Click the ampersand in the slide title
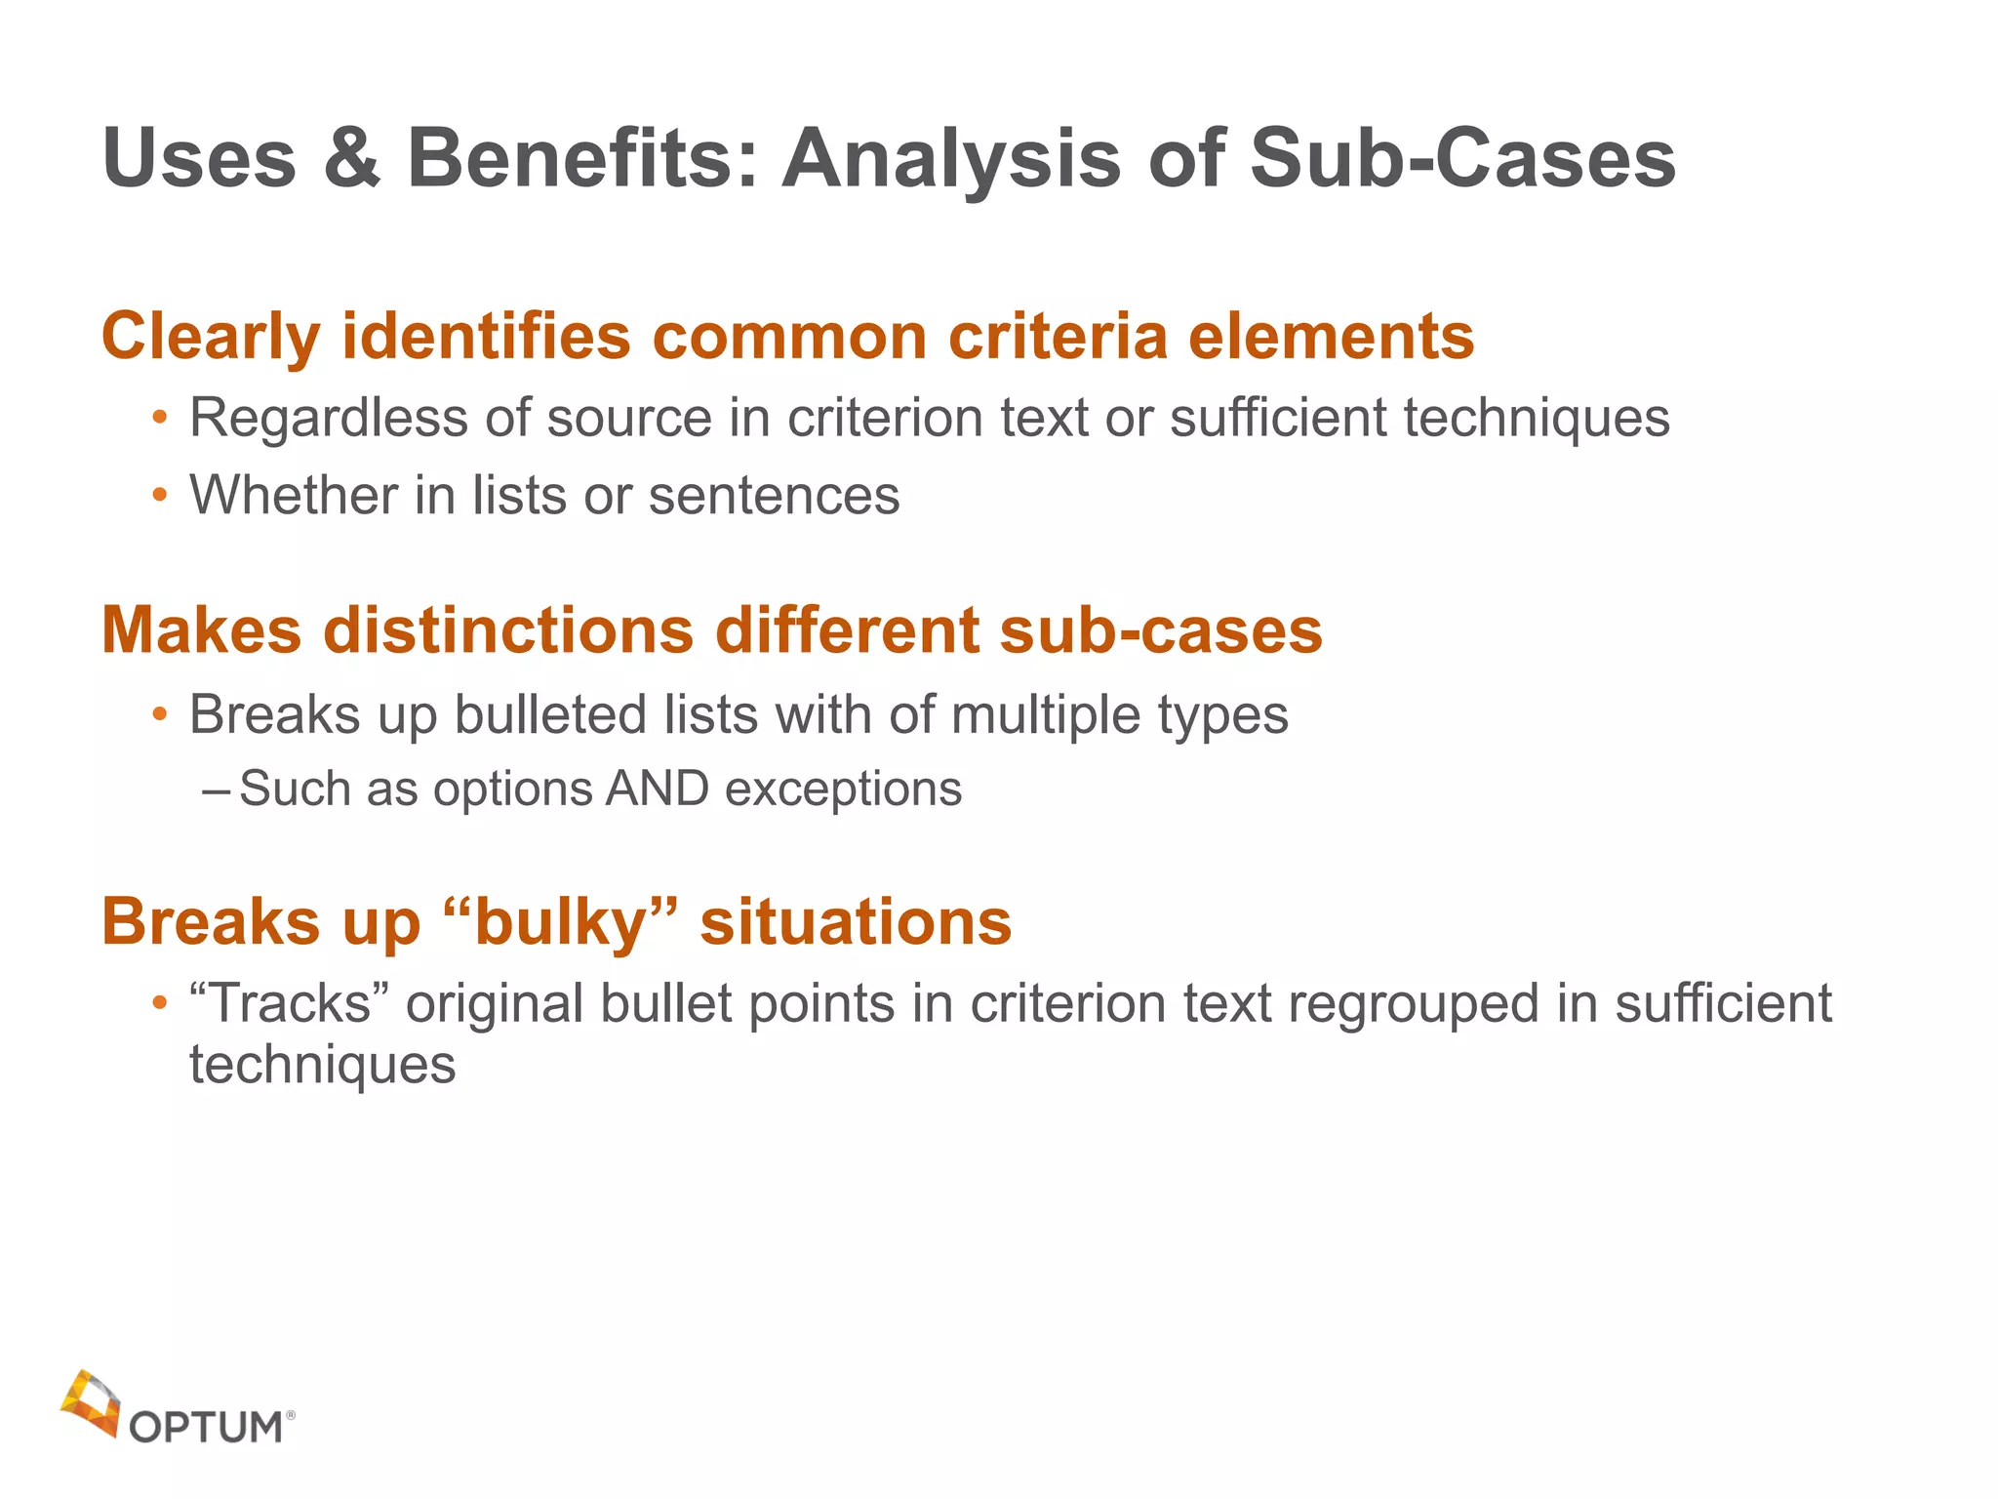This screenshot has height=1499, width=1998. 351,159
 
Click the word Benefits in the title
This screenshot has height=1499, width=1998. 581,159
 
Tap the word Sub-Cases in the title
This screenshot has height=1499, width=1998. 1462,159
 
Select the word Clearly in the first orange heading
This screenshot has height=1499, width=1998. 211,337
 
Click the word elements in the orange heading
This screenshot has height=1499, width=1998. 1331,337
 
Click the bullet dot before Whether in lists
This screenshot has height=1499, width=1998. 160,496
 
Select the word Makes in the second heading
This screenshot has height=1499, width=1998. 202,630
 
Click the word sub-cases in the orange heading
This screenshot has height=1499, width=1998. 1161,630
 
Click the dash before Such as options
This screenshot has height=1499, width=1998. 216,789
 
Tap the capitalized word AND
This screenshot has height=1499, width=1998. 657,789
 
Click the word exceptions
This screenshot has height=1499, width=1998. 843,789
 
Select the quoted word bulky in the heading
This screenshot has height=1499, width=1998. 560,922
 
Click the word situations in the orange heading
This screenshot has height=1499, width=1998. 856,922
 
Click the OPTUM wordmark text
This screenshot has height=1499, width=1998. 206,1428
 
